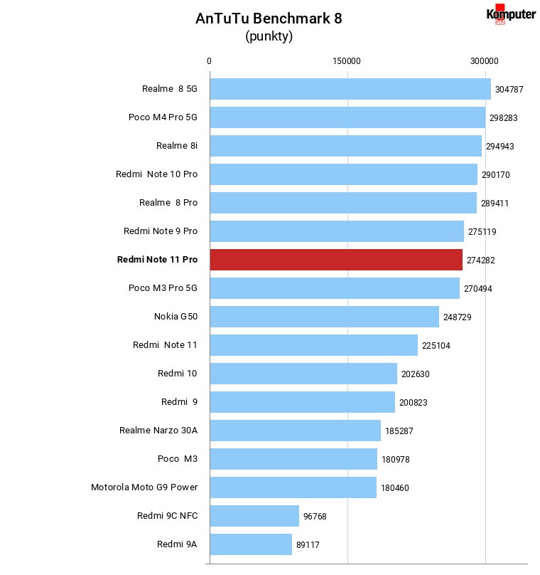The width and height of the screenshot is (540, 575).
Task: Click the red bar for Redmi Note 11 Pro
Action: coord(336,260)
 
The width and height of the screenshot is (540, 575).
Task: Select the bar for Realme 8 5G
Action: coord(350,89)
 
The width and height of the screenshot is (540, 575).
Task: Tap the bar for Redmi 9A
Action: coord(251,544)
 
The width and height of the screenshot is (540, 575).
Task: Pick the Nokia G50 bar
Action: coord(325,317)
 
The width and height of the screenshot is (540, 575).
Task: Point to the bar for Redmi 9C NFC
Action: coord(254,516)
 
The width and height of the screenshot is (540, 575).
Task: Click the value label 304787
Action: coord(509,90)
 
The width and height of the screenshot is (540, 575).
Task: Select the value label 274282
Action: coord(480,260)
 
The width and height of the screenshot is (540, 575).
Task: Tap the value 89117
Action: coord(308,545)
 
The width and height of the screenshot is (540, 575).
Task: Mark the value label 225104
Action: coord(436,346)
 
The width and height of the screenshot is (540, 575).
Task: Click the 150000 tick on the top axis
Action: coord(346,61)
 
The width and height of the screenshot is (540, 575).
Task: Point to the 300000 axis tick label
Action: coord(484,61)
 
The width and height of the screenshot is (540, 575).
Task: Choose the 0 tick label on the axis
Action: coord(209,61)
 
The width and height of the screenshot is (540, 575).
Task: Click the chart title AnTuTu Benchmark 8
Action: coord(269,19)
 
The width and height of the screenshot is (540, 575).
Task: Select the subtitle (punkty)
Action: coord(269,36)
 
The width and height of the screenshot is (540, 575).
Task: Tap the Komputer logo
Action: coord(511,14)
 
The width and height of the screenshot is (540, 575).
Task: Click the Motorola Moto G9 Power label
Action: coord(144,487)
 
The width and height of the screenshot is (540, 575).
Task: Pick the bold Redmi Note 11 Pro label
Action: coord(157,259)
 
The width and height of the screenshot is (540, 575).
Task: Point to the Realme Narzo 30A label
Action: coord(158,430)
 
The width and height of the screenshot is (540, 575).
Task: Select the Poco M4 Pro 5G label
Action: coord(163,117)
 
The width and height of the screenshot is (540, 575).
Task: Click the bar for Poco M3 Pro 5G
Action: coord(335,288)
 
